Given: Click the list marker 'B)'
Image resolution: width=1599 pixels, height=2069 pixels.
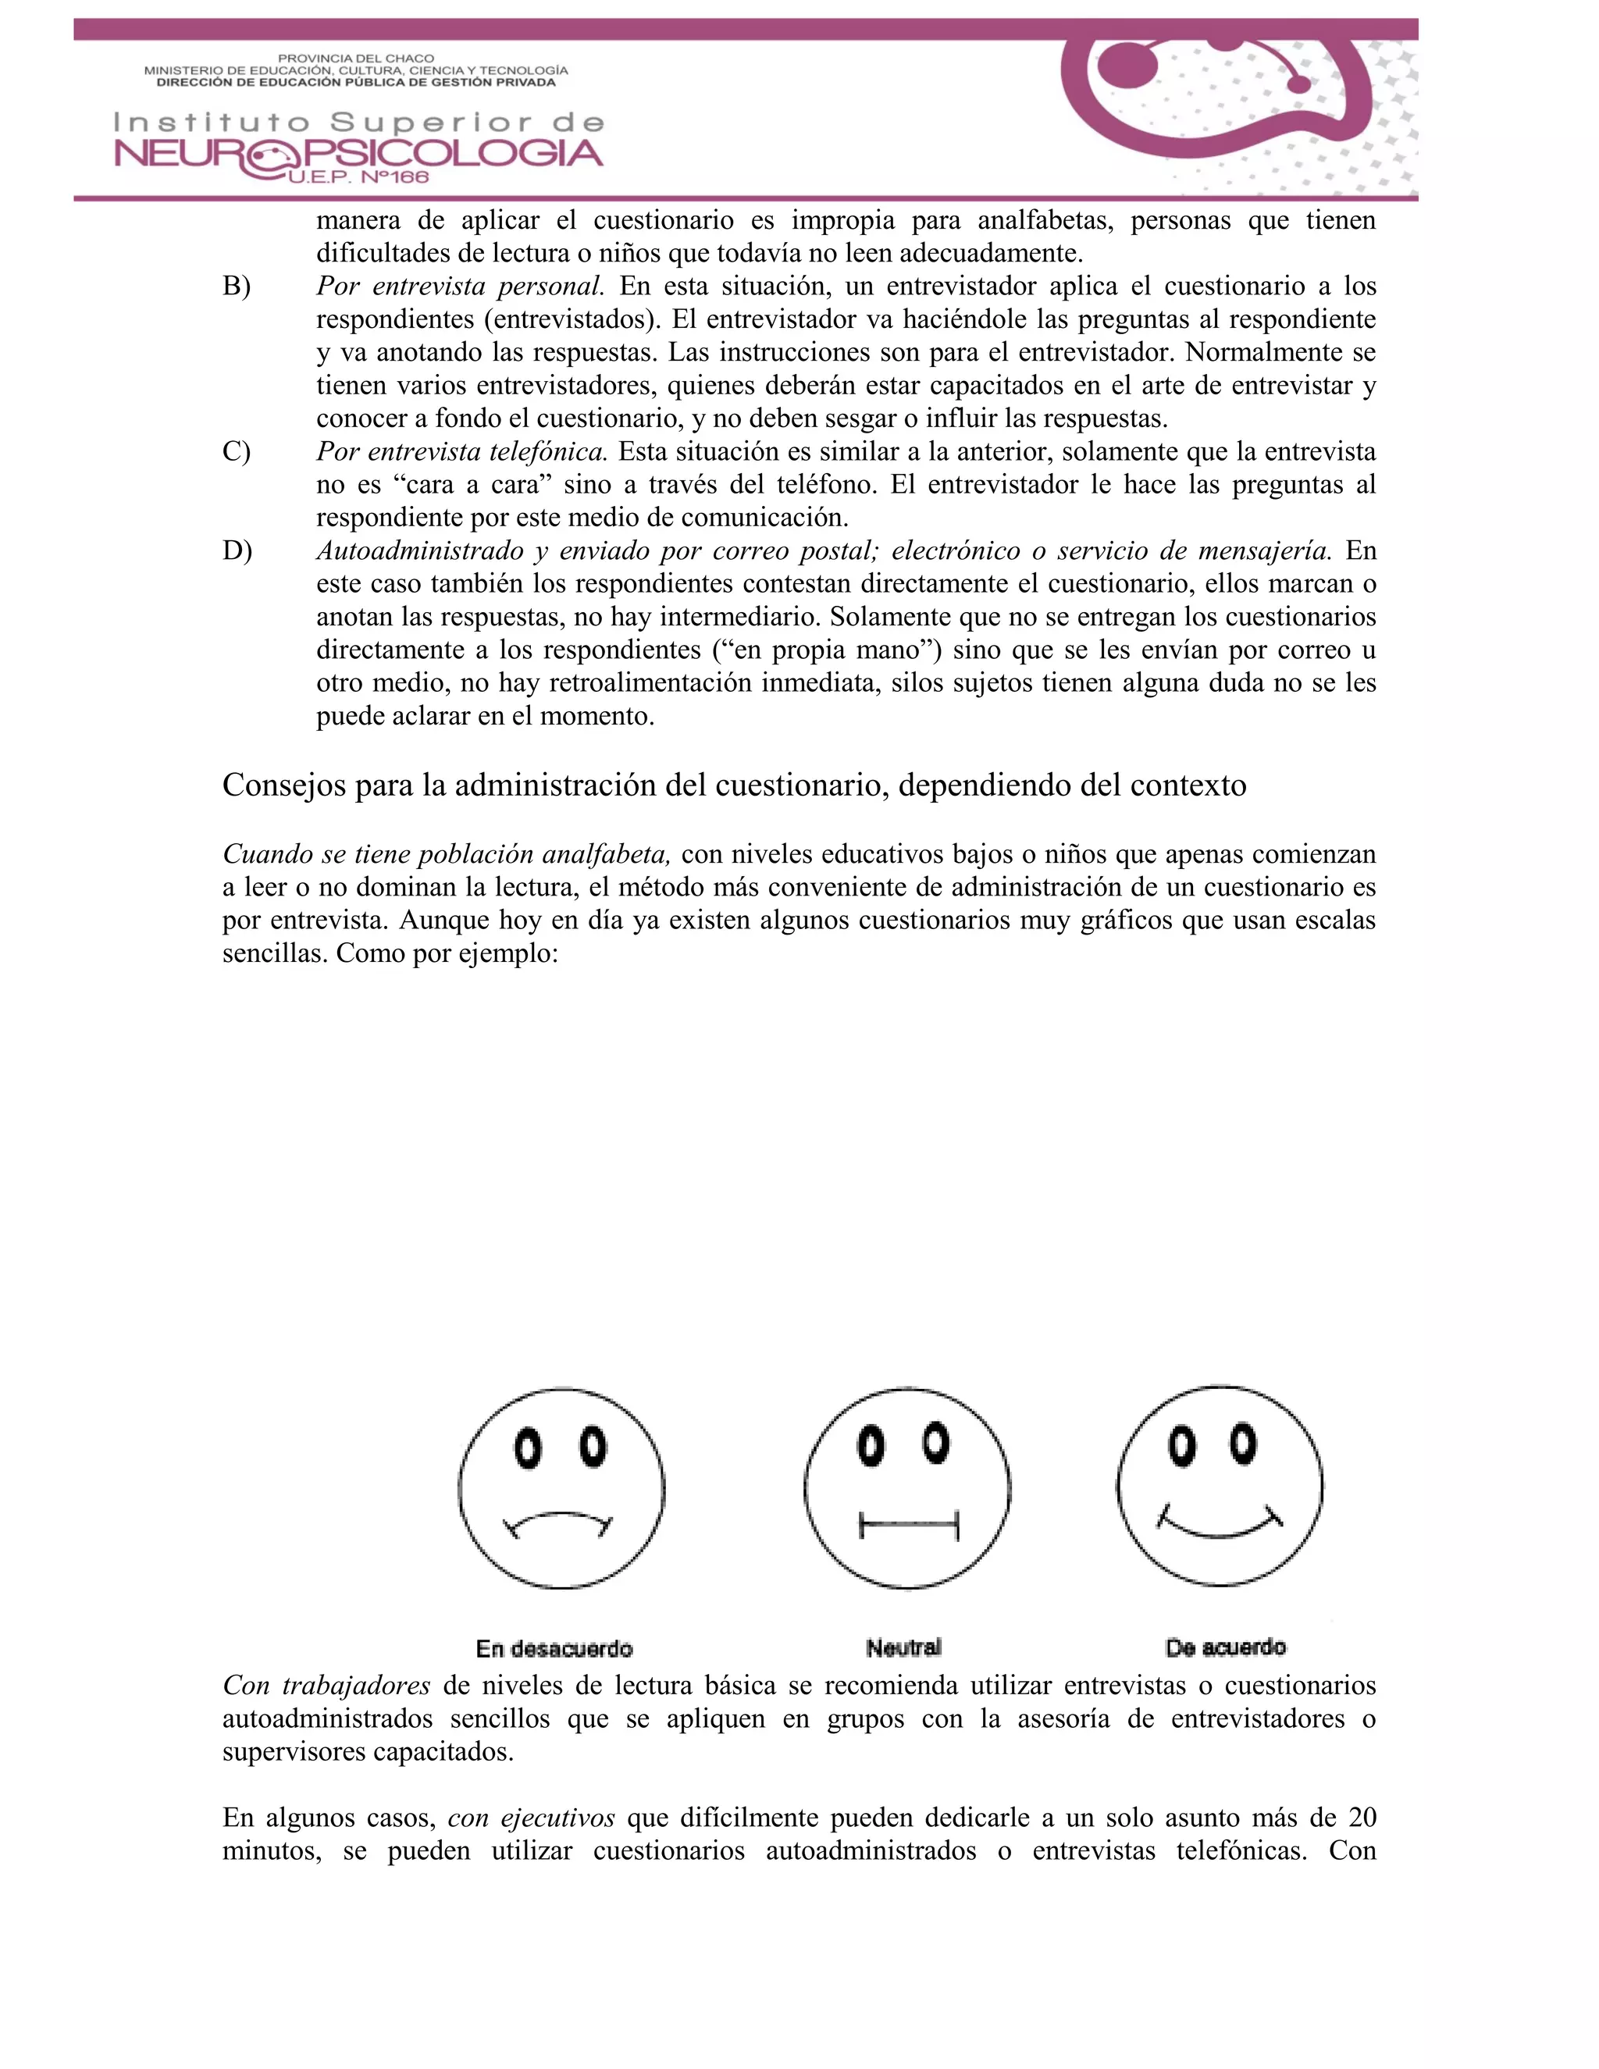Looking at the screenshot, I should point(237,286).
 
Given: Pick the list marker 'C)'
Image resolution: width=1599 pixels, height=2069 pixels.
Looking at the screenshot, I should point(237,452).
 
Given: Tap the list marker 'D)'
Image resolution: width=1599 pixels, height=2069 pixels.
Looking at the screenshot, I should point(237,550).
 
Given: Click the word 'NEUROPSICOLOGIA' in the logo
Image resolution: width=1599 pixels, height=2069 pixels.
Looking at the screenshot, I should point(358,154).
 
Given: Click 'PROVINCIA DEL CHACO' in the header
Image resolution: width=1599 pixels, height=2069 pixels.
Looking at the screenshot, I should point(355,59).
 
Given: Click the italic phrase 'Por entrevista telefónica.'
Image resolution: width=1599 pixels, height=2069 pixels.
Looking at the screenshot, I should point(461,452).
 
